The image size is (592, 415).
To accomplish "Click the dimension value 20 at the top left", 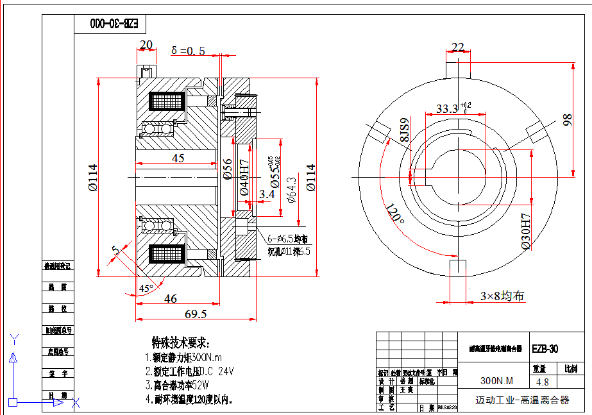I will click(146, 44).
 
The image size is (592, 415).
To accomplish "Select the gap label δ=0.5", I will click(188, 51).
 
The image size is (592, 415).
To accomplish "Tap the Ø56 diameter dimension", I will click(228, 168).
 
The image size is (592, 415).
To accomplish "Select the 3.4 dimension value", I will click(267, 193).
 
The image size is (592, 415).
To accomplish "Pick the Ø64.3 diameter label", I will click(292, 191).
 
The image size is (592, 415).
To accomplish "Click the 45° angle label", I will click(147, 289).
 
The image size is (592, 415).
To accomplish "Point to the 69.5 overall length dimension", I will click(196, 314).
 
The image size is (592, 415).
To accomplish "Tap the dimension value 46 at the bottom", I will click(171, 298).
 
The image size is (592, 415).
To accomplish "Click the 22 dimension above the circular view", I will click(458, 47).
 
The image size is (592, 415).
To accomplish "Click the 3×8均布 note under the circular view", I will click(502, 296).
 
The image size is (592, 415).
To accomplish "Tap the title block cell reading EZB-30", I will click(545, 349).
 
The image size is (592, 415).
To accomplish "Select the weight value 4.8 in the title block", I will click(542, 382).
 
